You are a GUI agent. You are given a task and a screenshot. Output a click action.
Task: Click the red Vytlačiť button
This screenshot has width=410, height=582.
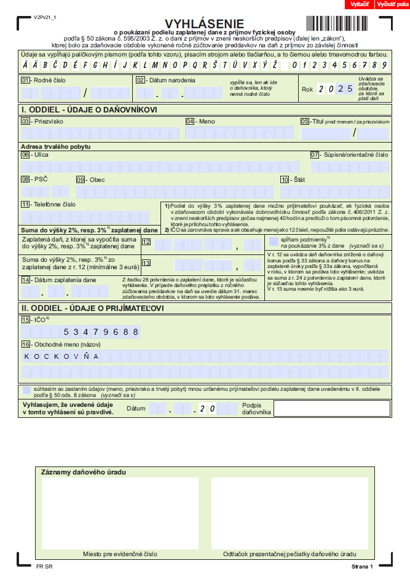[x=359, y=4]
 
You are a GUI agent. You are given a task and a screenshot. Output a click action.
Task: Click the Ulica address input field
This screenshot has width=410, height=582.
[x=160, y=167]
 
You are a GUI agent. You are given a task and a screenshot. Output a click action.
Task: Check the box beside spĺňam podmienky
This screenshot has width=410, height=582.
[x=273, y=240]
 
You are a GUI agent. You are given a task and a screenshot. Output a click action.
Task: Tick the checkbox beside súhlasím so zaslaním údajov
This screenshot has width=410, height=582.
[x=26, y=390]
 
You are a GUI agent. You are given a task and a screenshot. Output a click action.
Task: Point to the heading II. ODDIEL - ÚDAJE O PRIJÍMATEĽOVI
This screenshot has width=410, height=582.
[x=92, y=308]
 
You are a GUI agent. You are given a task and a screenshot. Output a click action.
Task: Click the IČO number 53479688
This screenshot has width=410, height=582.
[x=101, y=332]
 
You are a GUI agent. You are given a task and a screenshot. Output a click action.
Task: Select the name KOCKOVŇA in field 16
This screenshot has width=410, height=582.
[x=61, y=356]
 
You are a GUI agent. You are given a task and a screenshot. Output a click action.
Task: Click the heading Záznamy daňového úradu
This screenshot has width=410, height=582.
[x=83, y=472]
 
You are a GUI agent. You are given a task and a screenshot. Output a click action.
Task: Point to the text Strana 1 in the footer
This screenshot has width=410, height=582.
[x=362, y=565]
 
